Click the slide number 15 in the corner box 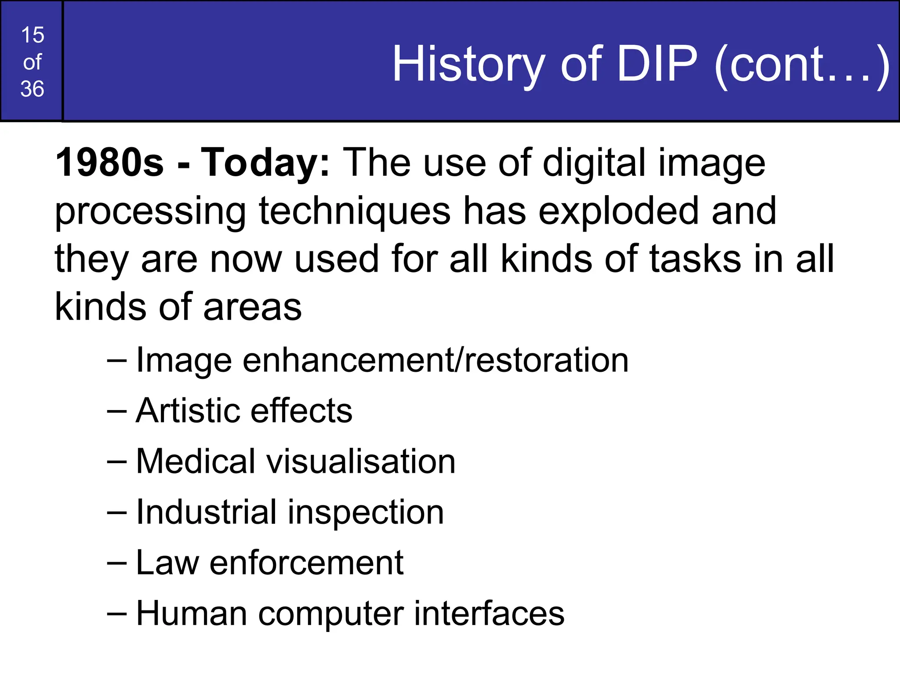(x=33, y=35)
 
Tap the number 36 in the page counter (x=33, y=89)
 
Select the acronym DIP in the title (x=657, y=64)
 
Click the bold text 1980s (x=109, y=163)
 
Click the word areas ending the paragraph (x=252, y=307)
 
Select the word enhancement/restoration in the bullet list (x=435, y=361)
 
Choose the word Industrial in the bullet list (x=206, y=512)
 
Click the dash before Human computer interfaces (x=117, y=614)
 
